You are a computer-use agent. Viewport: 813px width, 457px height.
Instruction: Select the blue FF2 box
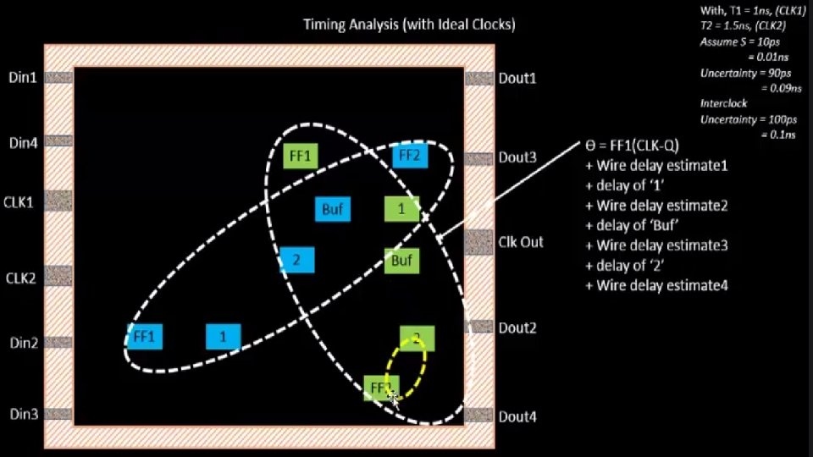coord(409,156)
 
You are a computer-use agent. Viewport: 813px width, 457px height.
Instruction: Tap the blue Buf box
coord(332,209)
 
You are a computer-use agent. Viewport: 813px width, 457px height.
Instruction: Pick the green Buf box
coord(401,261)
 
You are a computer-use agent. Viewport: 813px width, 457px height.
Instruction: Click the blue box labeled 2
coord(296,261)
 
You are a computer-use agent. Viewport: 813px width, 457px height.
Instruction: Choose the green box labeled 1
coord(401,208)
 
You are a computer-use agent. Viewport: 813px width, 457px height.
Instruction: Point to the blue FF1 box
coord(145,337)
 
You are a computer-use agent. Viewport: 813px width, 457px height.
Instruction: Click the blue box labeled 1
coord(223,337)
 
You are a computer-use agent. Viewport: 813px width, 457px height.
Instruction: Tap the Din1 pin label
coord(23,78)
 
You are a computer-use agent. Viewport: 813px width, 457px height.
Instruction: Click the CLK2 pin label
coord(21,278)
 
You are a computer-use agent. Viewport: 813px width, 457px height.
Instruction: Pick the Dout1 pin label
coord(517,78)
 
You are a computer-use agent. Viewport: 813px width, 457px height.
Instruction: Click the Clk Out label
coord(521,242)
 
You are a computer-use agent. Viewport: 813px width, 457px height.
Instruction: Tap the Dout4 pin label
coord(517,416)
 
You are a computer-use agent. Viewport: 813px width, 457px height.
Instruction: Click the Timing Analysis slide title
coord(409,25)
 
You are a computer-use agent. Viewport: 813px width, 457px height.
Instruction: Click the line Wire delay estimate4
coord(656,286)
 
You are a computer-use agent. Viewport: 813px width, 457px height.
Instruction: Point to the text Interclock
coord(723,103)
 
